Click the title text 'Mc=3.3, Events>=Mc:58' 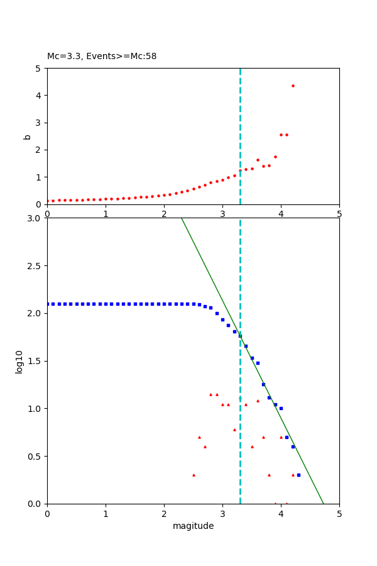coord(102,57)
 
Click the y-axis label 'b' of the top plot coord(27,136)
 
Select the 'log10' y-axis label coord(19,362)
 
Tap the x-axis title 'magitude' coord(193,526)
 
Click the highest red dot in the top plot coord(293,86)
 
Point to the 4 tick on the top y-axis coord(39,96)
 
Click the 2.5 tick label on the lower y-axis coord(35,266)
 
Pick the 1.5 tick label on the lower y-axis coord(35,361)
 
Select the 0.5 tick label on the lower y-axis coord(35,457)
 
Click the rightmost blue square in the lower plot coord(298,475)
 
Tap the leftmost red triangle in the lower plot coord(194,475)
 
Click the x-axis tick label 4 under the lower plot coord(281,513)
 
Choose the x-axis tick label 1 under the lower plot coord(106,513)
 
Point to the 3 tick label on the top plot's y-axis coord(39,123)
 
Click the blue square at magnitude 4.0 coord(281,408)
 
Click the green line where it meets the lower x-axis coord(323,503)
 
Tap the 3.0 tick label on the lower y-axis coord(35,218)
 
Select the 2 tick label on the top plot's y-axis coord(39,150)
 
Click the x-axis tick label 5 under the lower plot coord(339,513)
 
